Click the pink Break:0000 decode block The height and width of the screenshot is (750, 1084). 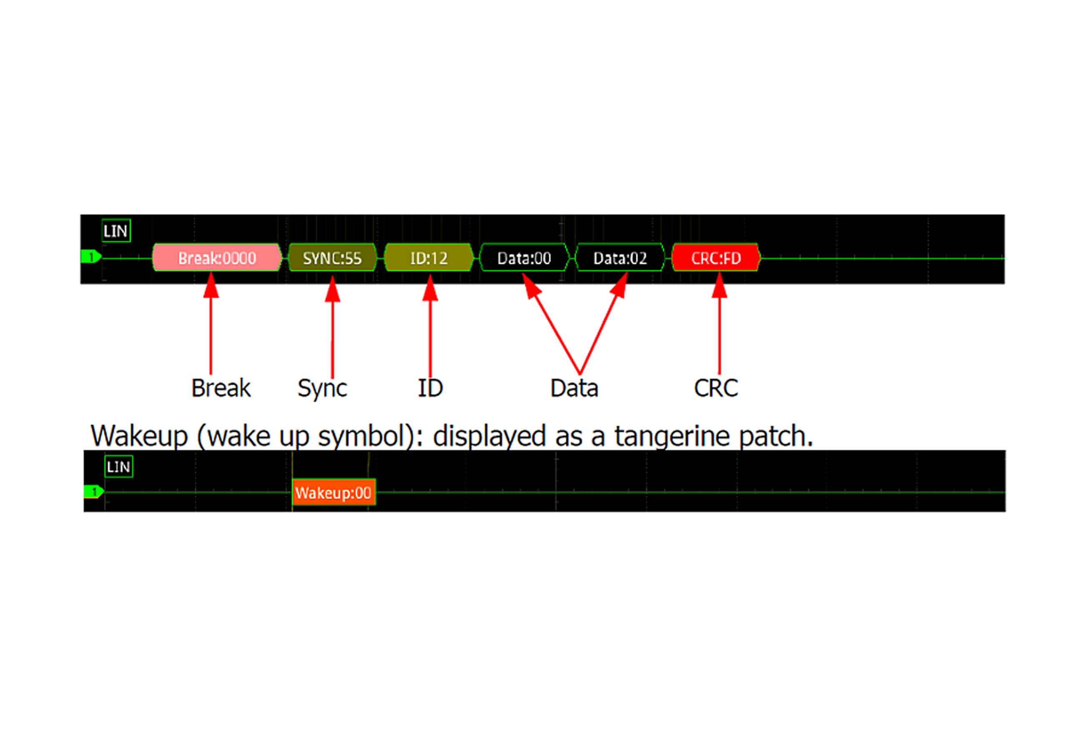217,257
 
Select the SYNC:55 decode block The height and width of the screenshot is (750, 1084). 332,257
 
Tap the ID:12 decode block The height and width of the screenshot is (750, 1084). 429,257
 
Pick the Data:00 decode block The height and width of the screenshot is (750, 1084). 524,257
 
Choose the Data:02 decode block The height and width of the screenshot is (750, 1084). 620,257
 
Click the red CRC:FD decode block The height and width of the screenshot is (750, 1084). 715,257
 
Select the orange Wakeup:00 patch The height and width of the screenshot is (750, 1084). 333,492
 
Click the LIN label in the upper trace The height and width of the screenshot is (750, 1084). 115,231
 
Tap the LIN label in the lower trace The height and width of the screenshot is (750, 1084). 118,467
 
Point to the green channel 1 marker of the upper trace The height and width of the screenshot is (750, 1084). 91,257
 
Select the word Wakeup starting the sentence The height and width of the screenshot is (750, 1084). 139,437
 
